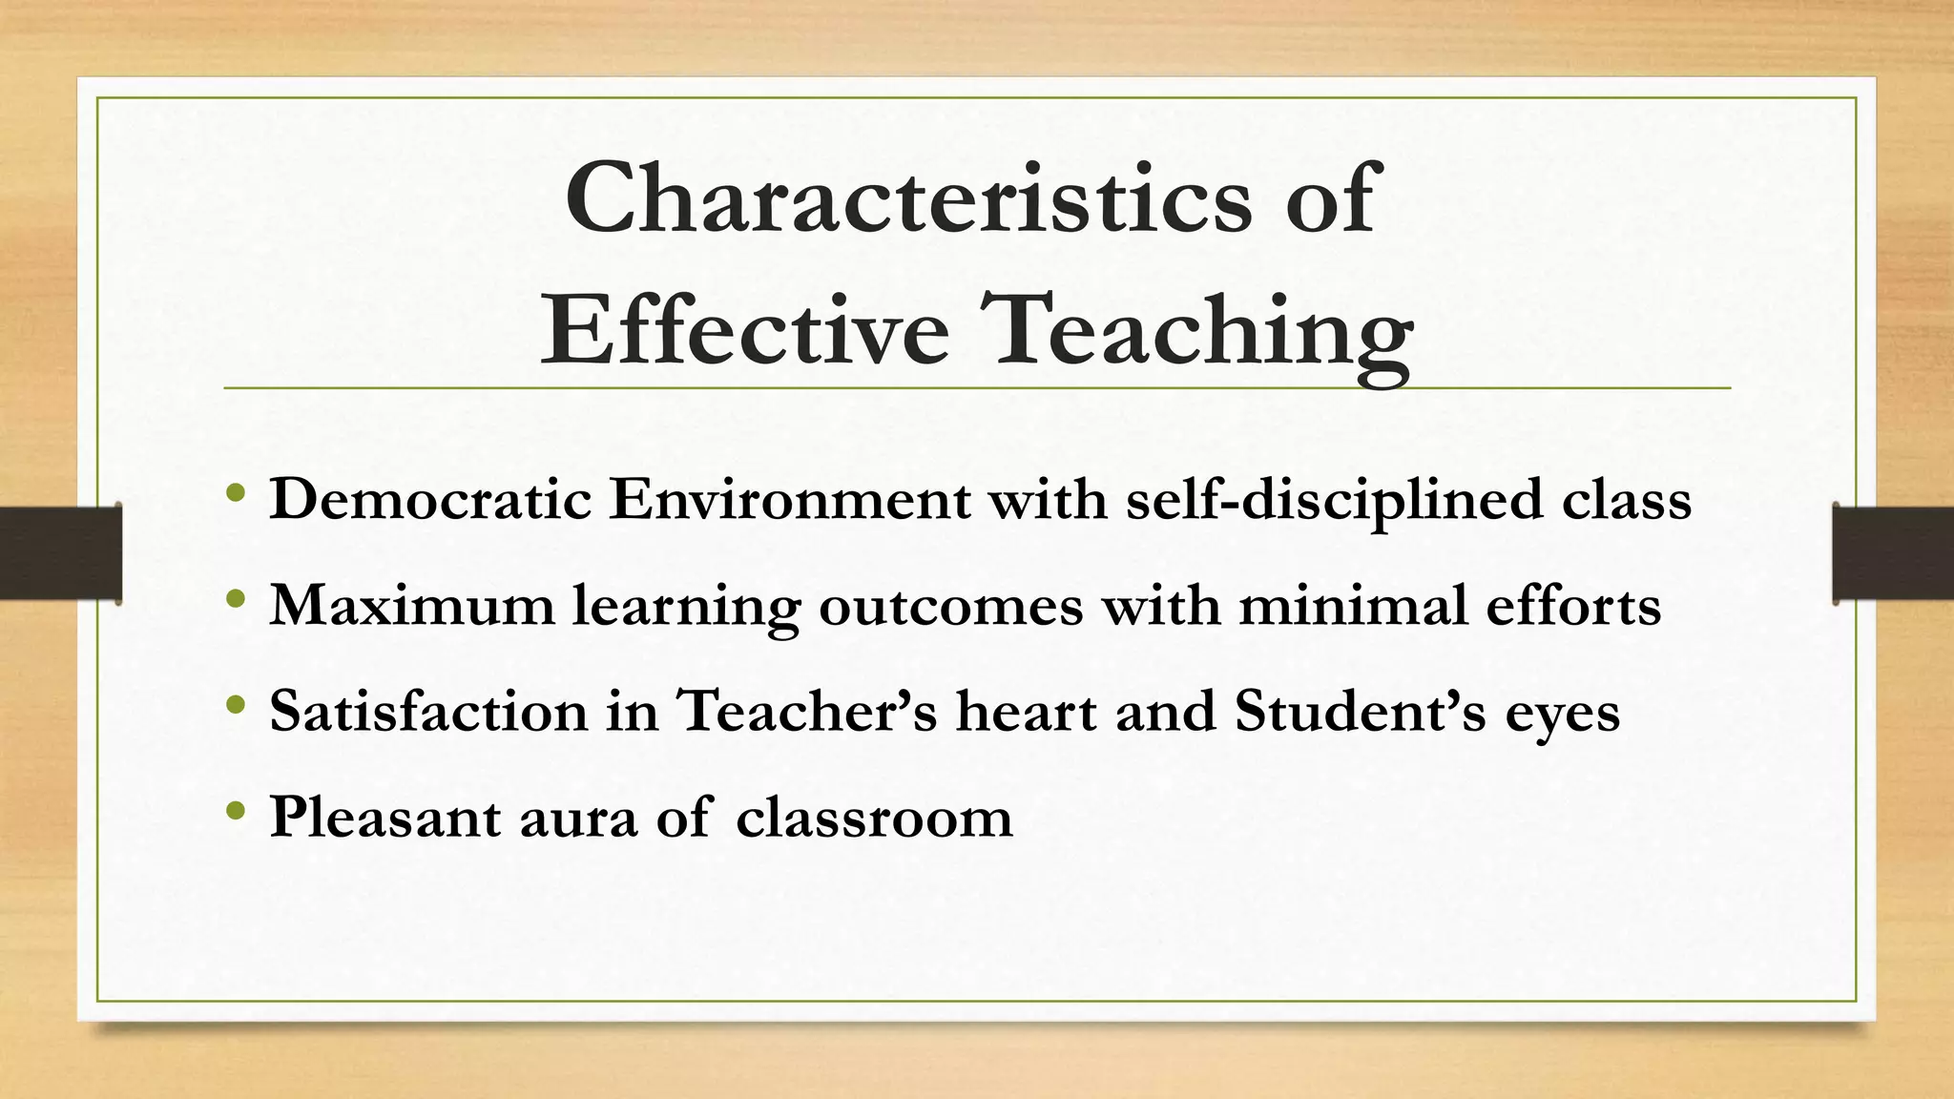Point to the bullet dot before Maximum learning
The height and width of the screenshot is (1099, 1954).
(x=237, y=601)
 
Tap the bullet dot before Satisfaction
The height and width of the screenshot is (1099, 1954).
(x=237, y=707)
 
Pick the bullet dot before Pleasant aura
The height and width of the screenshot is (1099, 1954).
(x=237, y=813)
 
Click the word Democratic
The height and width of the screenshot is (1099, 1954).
(x=430, y=499)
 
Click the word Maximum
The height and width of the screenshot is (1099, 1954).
(x=411, y=605)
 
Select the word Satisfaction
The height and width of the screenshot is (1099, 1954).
(x=428, y=711)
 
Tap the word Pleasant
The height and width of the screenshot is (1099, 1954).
(x=385, y=817)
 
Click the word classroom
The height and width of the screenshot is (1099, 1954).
(x=874, y=817)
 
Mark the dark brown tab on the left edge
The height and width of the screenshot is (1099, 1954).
(x=60, y=553)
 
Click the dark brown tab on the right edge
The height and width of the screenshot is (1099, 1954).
(x=1893, y=553)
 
